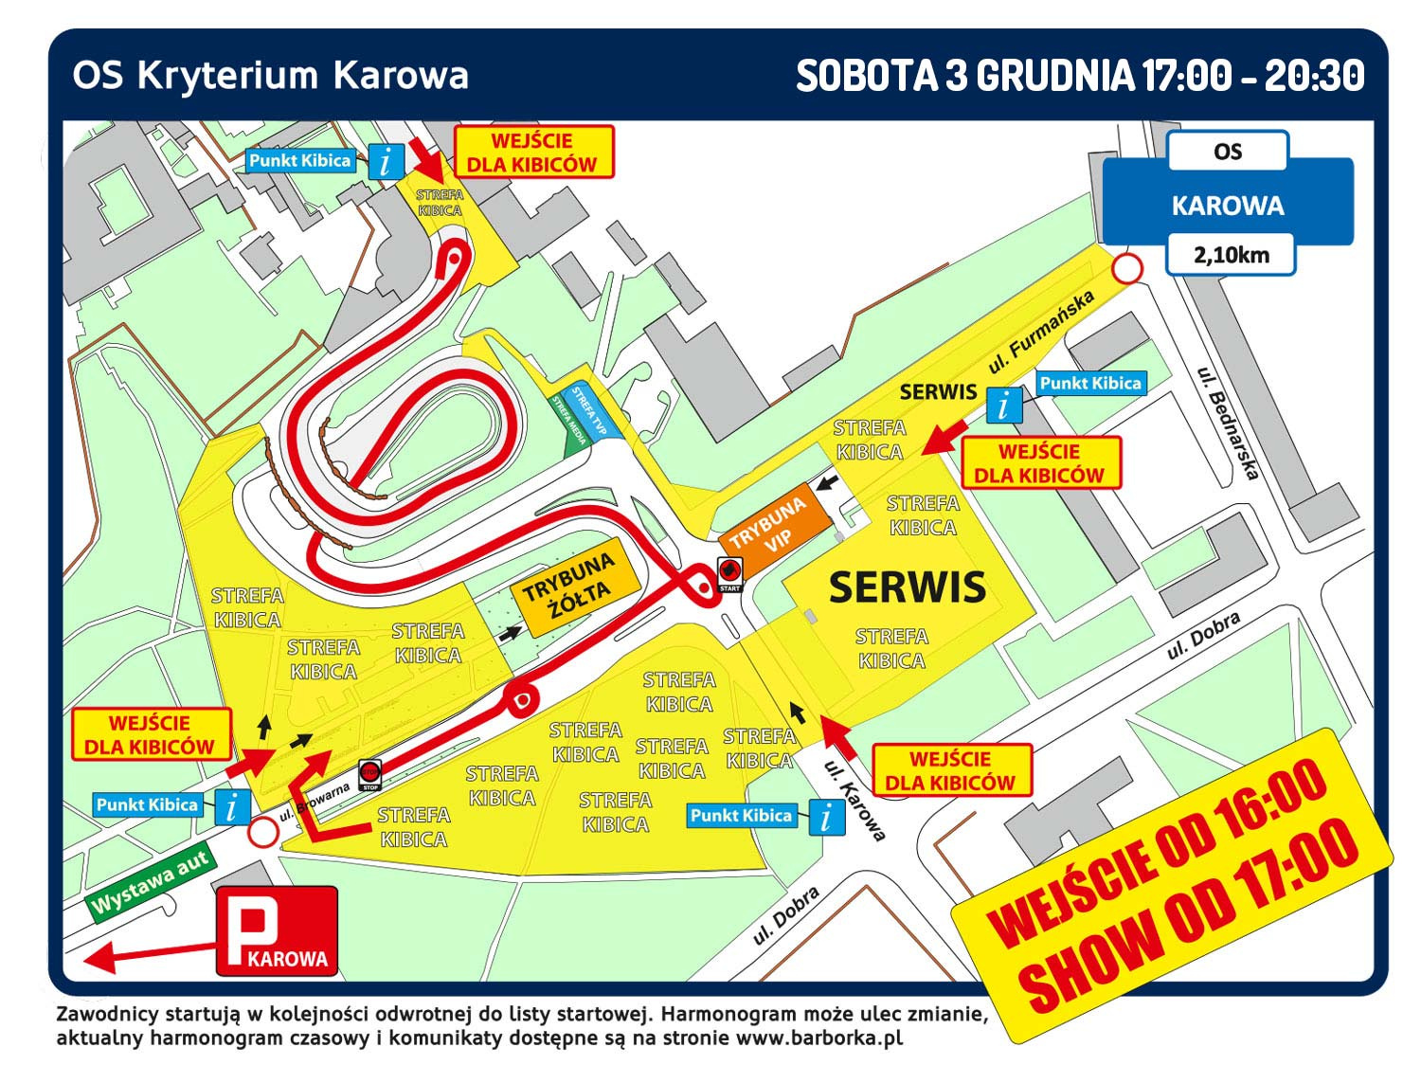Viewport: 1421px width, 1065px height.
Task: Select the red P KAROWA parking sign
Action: coord(277,930)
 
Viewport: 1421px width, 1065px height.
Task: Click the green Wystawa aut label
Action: coord(150,882)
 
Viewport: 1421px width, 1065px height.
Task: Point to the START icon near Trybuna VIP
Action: coord(729,573)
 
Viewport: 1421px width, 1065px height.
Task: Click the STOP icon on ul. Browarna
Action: coord(369,774)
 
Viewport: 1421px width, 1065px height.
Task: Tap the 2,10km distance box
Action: coord(1230,255)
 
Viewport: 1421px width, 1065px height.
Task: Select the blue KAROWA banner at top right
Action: coord(1228,206)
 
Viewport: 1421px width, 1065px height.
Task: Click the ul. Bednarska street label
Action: coord(1228,423)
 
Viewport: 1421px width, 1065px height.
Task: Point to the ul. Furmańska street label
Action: coord(1040,332)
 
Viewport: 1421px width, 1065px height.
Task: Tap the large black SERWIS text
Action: coord(908,588)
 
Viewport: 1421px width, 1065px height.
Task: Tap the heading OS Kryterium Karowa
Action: coord(270,76)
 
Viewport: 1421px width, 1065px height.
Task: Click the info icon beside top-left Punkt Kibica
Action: coord(386,161)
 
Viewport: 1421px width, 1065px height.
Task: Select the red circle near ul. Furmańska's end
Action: coord(1125,269)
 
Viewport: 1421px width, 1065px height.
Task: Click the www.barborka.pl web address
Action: coord(818,1038)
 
